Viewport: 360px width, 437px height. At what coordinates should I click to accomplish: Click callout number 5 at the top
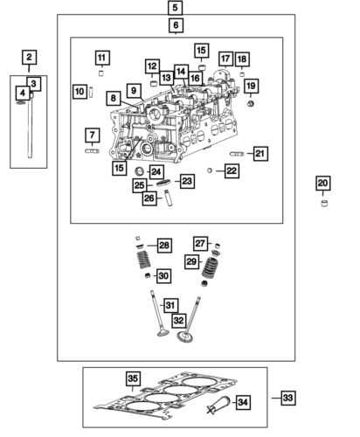[x=176, y=8]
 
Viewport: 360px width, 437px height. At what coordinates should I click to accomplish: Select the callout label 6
[x=176, y=27]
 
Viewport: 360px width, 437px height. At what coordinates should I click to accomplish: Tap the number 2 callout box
[x=29, y=58]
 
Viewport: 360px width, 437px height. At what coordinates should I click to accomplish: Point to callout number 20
[x=322, y=183]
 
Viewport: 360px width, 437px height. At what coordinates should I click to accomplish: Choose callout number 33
[x=288, y=398]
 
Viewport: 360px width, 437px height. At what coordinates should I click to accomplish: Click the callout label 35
[x=132, y=378]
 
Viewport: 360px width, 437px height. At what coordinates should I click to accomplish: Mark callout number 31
[x=171, y=305]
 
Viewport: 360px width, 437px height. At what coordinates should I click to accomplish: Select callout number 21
[x=260, y=154]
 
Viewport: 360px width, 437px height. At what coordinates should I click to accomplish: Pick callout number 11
[x=102, y=58]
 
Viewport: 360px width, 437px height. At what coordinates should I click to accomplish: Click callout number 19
[x=251, y=86]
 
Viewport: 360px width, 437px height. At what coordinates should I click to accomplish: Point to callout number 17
[x=225, y=59]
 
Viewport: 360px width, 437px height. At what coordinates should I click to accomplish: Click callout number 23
[x=186, y=181]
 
